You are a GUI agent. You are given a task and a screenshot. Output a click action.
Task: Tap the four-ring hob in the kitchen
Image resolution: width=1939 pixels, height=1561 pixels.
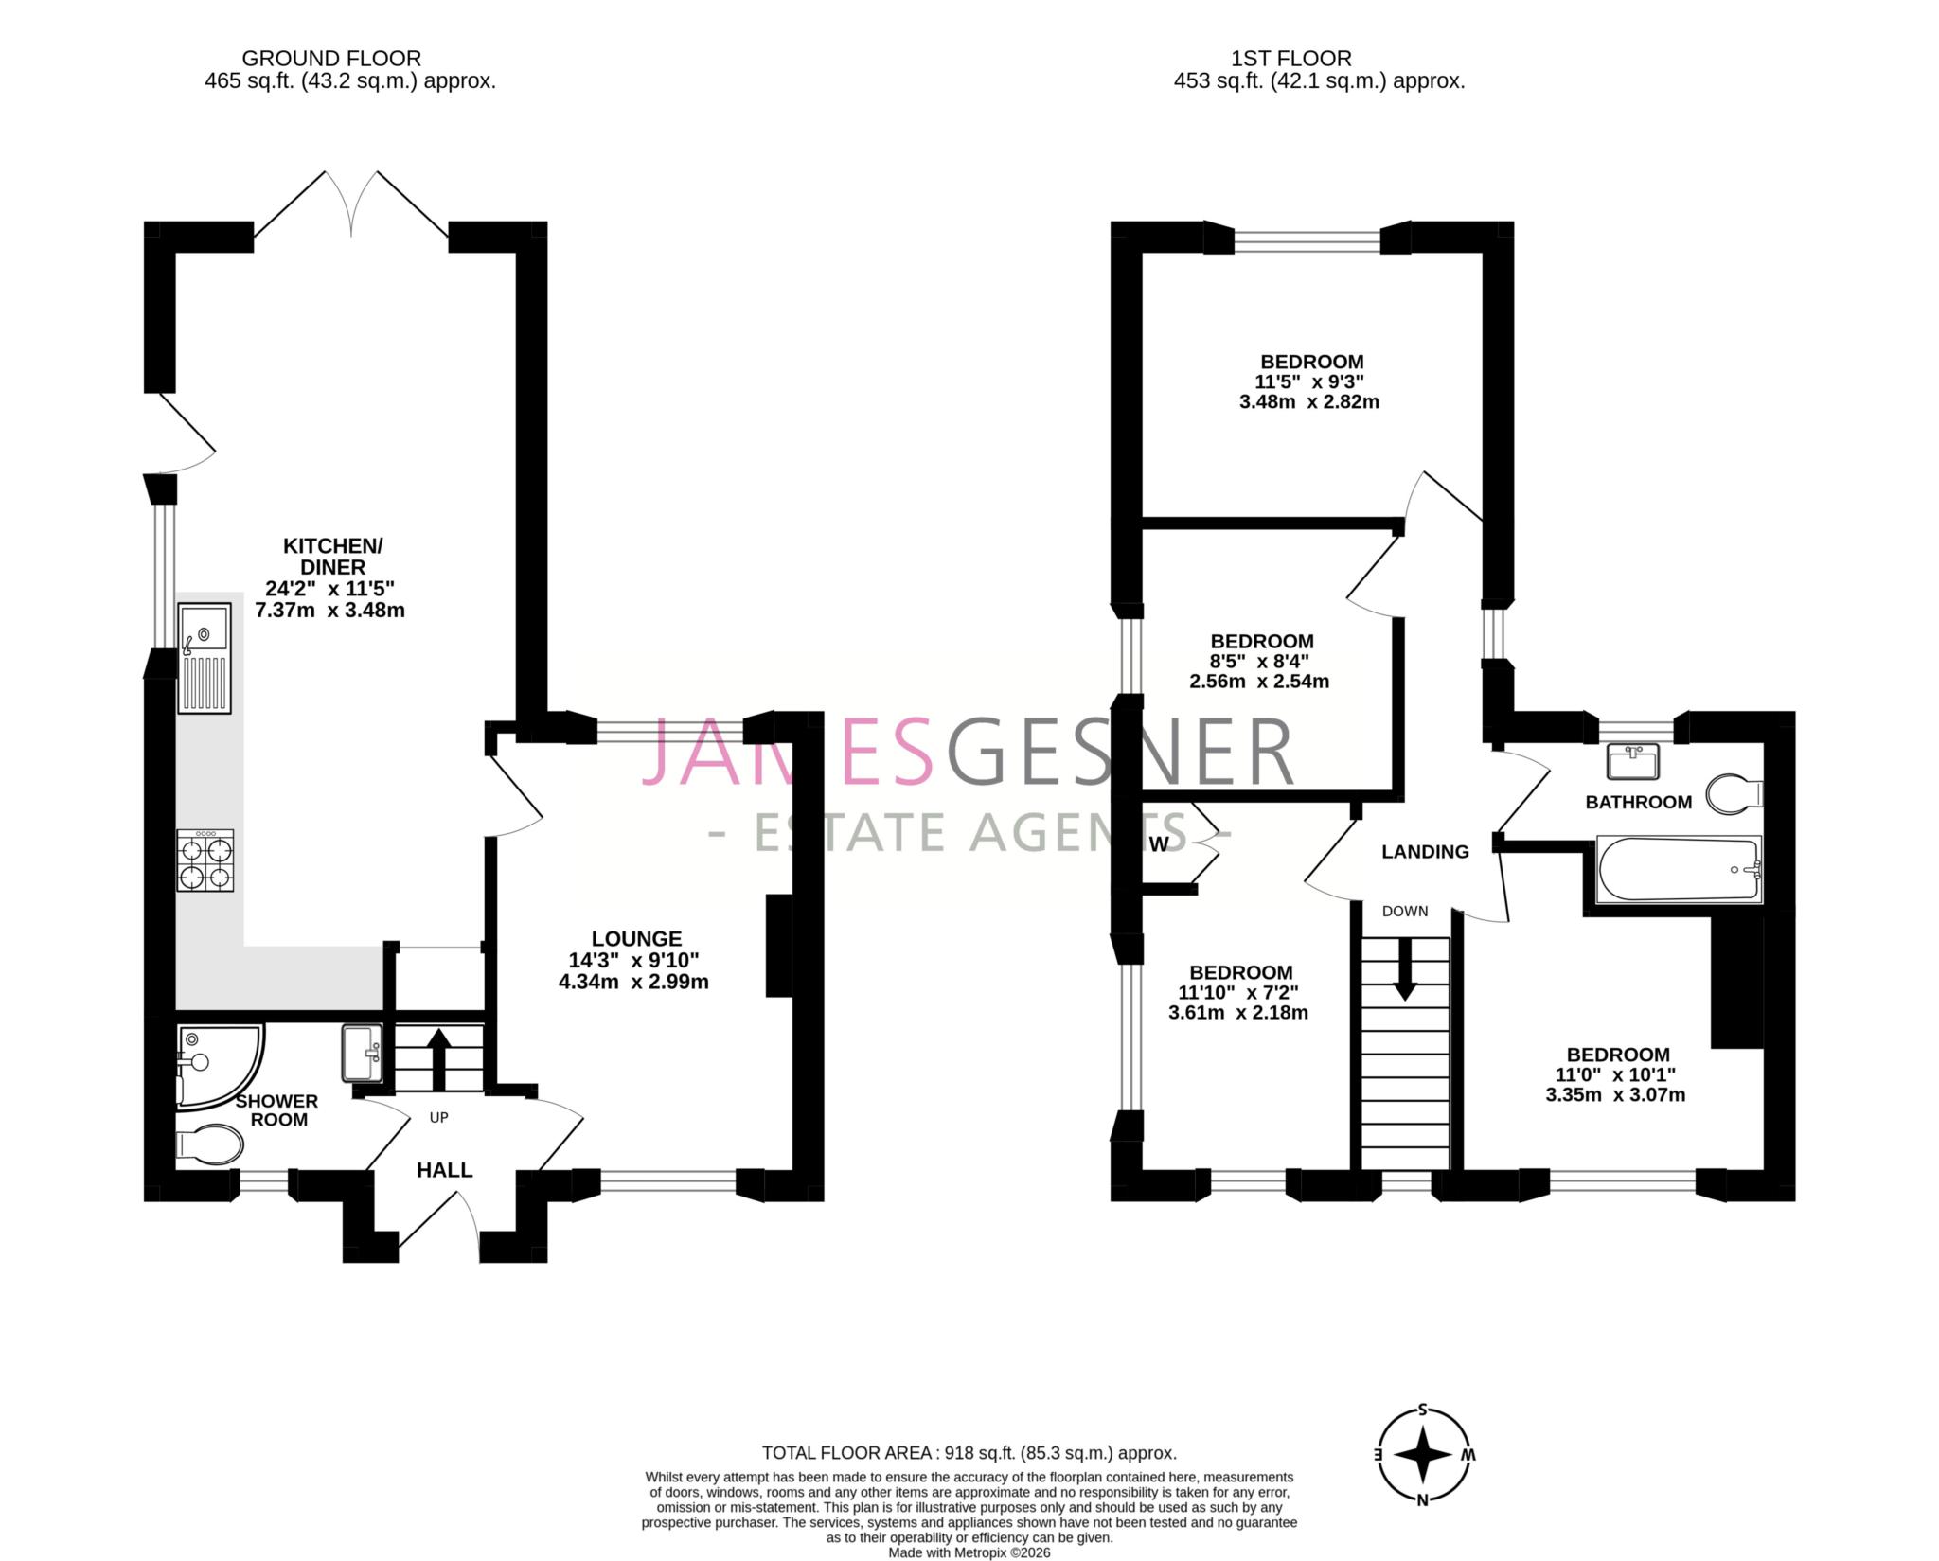(x=205, y=860)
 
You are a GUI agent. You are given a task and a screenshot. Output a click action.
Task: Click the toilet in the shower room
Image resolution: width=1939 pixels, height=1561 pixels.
(x=209, y=1144)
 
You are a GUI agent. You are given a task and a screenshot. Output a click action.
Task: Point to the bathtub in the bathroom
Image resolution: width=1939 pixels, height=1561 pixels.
(x=1678, y=869)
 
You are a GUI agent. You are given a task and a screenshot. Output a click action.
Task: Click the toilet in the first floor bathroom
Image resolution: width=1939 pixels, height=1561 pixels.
(x=1734, y=794)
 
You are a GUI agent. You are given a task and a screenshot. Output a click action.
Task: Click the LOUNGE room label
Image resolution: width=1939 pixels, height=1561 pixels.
(x=636, y=938)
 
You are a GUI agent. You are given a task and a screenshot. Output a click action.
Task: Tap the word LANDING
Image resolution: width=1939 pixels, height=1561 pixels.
(x=1425, y=852)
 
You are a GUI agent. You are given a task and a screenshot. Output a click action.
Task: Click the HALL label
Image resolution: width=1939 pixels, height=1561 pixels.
(x=445, y=1170)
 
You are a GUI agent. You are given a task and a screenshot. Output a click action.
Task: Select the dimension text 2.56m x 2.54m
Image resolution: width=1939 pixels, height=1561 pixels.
(x=1259, y=681)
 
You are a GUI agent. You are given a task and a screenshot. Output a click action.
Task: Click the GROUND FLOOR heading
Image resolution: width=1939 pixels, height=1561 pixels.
(x=331, y=59)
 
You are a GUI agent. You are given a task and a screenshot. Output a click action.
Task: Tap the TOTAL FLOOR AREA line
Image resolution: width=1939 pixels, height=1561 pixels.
(x=969, y=1452)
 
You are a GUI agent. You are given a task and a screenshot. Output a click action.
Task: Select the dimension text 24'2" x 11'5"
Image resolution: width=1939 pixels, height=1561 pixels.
(x=329, y=588)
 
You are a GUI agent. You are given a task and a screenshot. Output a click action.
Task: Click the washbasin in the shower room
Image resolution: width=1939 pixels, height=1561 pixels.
(x=362, y=1054)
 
